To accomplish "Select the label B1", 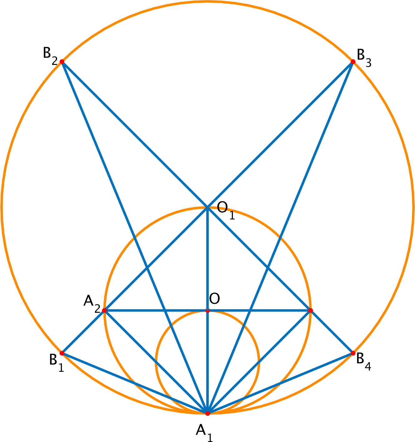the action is (56, 362).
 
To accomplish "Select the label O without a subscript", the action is (215, 299).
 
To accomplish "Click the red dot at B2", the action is (62, 61).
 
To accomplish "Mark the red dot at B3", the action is (353, 61).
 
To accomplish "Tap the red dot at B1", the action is (62, 353).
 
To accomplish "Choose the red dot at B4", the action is (353, 353).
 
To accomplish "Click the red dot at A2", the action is (105, 311).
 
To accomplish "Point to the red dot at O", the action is (207, 311).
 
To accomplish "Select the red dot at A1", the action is (207, 413).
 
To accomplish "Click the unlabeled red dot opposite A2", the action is (310, 311).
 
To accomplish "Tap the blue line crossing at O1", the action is (207, 207).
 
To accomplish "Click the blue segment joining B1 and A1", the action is (134, 383).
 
